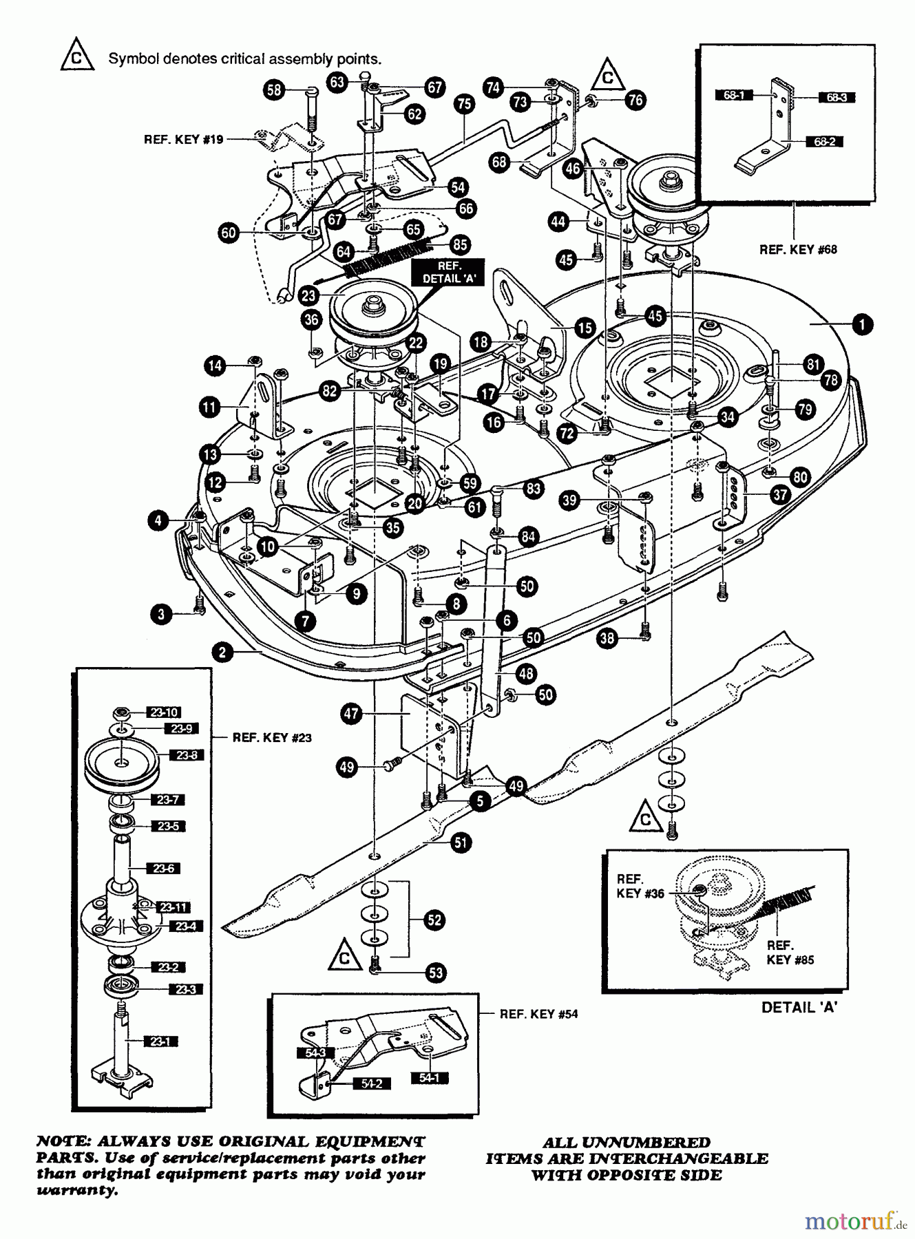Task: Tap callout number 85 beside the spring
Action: click(x=459, y=244)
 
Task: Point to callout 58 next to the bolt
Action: click(x=274, y=89)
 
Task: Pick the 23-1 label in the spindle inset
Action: click(x=160, y=1042)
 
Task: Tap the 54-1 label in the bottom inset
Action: click(x=428, y=1078)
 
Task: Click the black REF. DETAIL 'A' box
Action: click(x=448, y=272)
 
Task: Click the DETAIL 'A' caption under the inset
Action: click(x=799, y=1007)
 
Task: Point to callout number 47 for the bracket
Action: click(x=352, y=714)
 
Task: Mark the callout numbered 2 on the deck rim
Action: click(x=222, y=652)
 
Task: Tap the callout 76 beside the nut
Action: click(x=635, y=100)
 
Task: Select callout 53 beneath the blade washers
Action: click(x=436, y=973)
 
